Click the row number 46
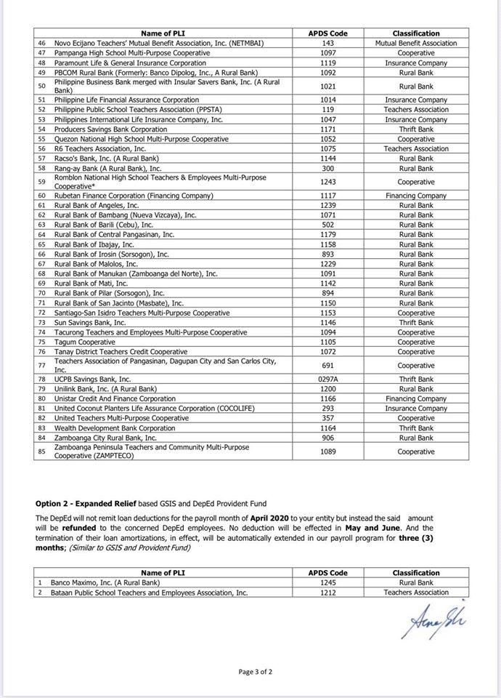point(41,44)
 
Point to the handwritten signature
point(428,620)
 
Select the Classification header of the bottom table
point(416,573)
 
